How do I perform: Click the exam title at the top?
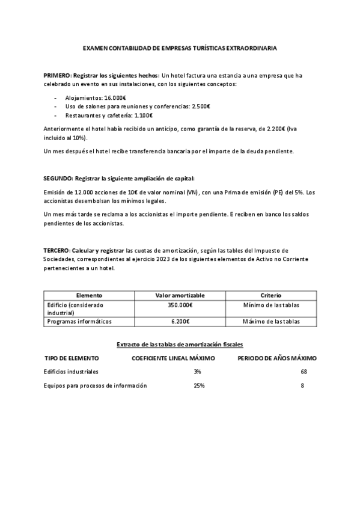click(x=180, y=48)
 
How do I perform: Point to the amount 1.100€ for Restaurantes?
click(x=143, y=115)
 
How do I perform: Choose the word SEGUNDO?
click(x=58, y=179)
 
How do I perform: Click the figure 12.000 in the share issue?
click(x=78, y=192)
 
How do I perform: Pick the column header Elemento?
click(x=89, y=295)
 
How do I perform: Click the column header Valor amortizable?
click(x=180, y=295)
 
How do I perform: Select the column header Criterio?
click(x=271, y=295)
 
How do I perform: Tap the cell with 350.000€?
click(x=180, y=305)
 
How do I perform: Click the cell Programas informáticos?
click(x=79, y=322)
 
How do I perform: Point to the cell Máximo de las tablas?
click(x=271, y=322)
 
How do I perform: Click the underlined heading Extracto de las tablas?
click(x=180, y=345)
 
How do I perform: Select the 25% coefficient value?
click(x=198, y=386)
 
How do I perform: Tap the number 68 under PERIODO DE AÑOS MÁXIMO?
click(x=304, y=372)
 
